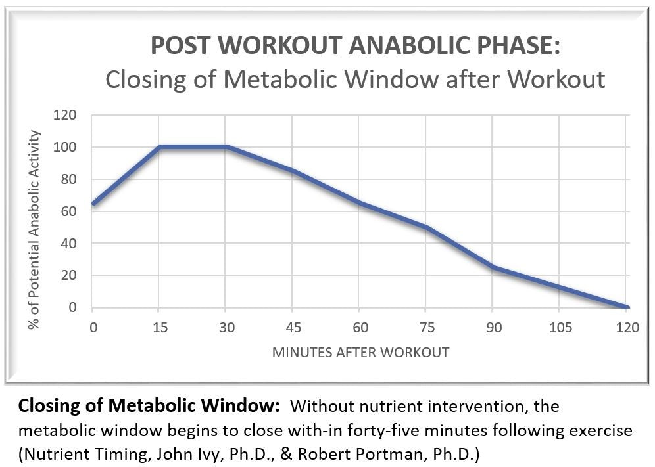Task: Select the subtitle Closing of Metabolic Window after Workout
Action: pyautogui.click(x=355, y=79)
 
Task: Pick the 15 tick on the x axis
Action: pyautogui.click(x=159, y=328)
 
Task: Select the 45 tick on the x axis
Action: pyautogui.click(x=292, y=328)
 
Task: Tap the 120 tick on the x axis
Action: pyautogui.click(x=627, y=328)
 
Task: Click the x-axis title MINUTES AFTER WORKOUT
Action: pyautogui.click(x=361, y=353)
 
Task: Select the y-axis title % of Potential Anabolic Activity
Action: pyautogui.click(x=35, y=211)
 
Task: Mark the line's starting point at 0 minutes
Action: pyautogui.click(x=93, y=204)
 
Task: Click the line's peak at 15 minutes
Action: pyautogui.click(x=160, y=146)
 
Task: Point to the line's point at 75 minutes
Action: pyautogui.click(x=426, y=227)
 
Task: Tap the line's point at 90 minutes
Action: pyautogui.click(x=493, y=267)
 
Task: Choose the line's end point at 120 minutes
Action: pyautogui.click(x=627, y=307)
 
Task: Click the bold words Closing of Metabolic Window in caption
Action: pyautogui.click(x=149, y=407)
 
